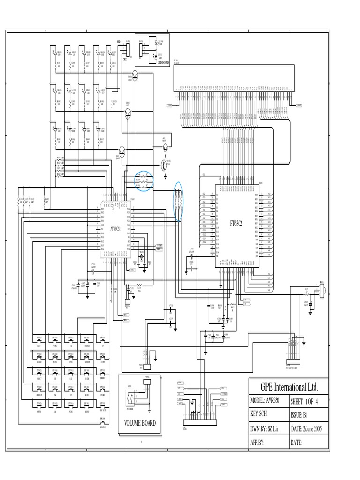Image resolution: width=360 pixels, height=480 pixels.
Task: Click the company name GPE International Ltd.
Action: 289,387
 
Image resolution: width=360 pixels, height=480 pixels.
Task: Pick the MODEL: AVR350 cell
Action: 267,402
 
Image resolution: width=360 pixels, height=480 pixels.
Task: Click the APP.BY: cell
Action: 267,442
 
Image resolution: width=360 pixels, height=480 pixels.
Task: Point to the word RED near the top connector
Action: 119,42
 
